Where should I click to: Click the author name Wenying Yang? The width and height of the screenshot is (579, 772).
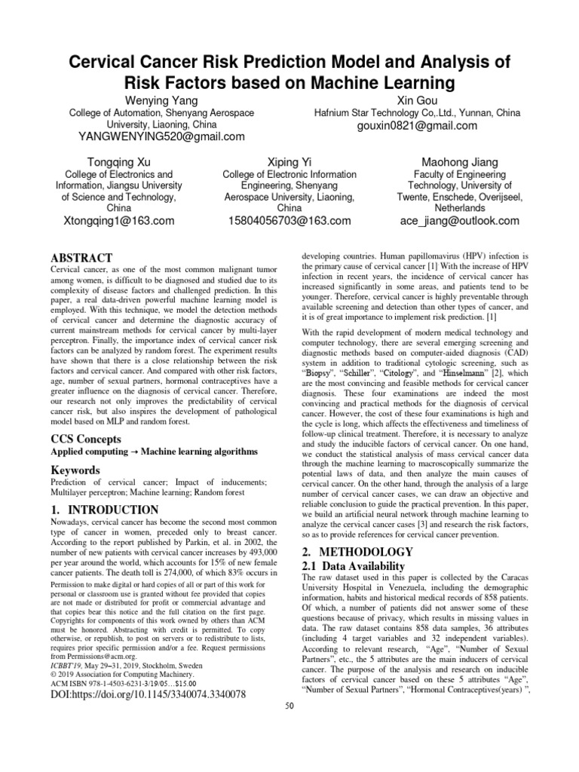pos(161,100)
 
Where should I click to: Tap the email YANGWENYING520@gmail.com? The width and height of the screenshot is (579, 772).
pos(161,136)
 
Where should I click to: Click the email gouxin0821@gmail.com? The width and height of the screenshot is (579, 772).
pos(417,125)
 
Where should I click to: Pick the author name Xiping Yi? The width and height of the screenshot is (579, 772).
pos(289,162)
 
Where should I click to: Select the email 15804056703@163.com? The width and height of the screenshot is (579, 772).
pos(289,221)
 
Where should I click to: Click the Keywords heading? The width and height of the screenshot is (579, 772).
pos(77,470)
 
